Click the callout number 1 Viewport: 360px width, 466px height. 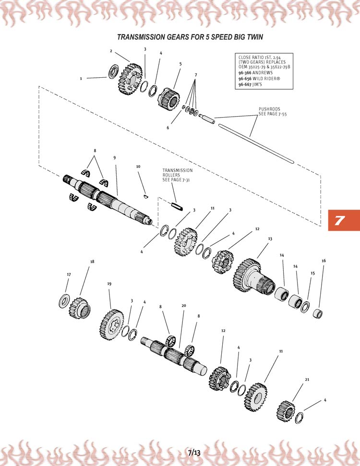click(x=81, y=78)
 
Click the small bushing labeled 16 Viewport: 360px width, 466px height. click(x=317, y=314)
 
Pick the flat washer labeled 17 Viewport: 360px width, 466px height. click(x=64, y=301)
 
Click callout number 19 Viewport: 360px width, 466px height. click(x=109, y=284)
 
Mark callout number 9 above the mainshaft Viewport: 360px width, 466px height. click(x=115, y=157)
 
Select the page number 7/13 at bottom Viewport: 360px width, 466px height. click(x=194, y=452)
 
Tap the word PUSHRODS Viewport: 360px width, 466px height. click(x=269, y=109)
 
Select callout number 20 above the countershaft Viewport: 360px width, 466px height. click(x=183, y=306)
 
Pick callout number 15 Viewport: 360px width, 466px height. click(x=312, y=273)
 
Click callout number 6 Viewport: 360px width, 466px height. click(x=168, y=128)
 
